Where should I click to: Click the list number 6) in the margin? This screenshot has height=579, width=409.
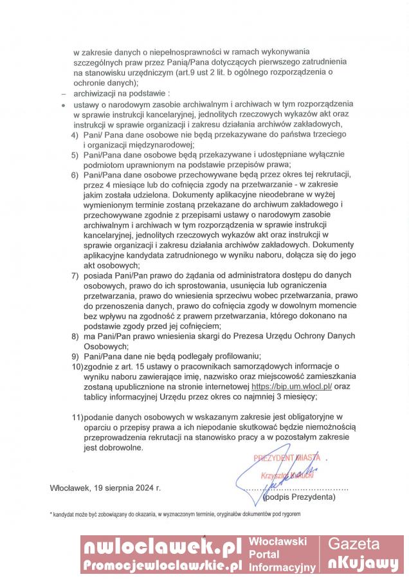tap(75, 174)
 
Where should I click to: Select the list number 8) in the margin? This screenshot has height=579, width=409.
tap(75, 336)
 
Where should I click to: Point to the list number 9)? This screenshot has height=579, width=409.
tap(75, 356)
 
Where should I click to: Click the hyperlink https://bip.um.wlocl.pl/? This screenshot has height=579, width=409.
tap(291, 387)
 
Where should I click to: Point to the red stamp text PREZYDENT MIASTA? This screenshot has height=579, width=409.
tap(286, 459)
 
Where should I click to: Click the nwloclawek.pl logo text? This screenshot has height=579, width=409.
tap(161, 547)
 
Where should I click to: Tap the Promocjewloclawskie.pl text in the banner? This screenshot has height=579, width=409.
tap(161, 565)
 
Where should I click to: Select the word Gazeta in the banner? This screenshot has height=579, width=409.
tap(363, 544)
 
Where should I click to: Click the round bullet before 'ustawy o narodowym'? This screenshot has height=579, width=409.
tap(62, 104)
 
